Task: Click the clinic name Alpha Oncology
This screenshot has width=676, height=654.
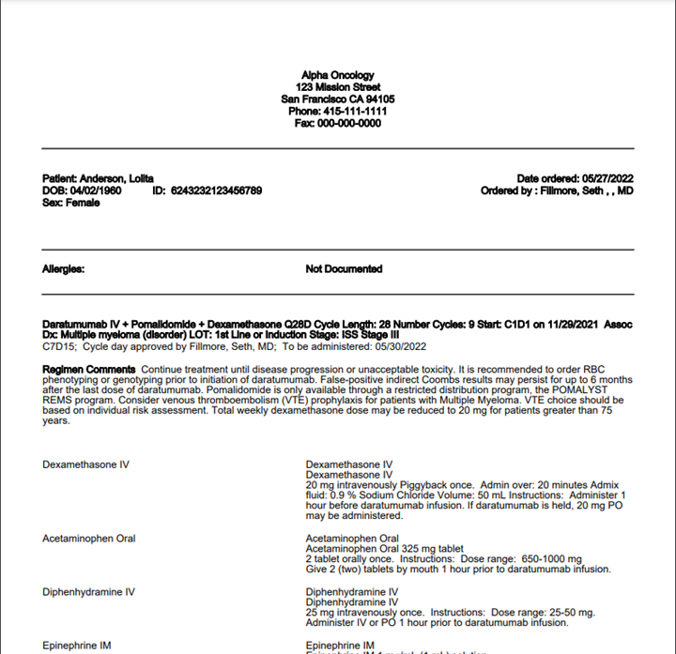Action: tap(337, 75)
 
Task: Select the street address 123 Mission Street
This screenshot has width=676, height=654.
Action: tap(337, 87)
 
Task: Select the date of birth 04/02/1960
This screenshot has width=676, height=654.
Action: tap(96, 190)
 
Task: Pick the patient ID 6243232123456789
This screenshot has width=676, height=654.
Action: tap(216, 190)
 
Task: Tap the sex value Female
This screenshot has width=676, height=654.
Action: tap(84, 203)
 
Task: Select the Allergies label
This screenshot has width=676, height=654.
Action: tap(64, 268)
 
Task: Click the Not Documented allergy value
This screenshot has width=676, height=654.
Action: tap(344, 268)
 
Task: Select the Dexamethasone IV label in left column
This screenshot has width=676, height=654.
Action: tap(85, 464)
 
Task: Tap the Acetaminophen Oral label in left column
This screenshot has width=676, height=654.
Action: tap(89, 539)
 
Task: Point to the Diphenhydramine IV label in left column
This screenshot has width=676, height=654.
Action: tap(88, 592)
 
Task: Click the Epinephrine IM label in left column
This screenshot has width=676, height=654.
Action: tap(78, 646)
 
